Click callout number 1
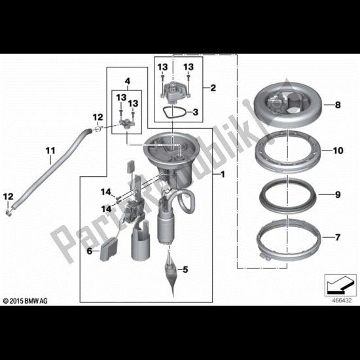click(223, 175)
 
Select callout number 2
click(213, 88)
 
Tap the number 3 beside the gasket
click(195, 113)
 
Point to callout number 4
click(128, 81)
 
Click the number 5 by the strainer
click(185, 269)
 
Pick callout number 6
click(89, 251)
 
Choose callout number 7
click(338, 237)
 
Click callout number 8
click(338, 105)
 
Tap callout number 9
click(338, 194)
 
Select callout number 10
click(338, 151)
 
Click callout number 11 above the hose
click(50, 151)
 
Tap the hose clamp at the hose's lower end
click(9, 213)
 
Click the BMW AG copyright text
click(26, 301)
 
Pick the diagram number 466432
click(342, 300)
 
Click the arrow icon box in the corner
click(340, 285)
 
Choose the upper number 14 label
click(106, 192)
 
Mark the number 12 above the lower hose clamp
click(8, 197)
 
